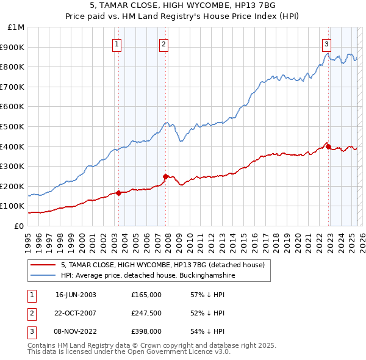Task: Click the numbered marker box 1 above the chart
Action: [x=116, y=43]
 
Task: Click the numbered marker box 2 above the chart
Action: [x=164, y=43]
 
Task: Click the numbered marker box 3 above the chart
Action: [x=326, y=43]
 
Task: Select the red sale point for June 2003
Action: [x=118, y=193]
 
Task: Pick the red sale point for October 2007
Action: [x=165, y=176]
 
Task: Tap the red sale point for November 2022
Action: [x=328, y=146]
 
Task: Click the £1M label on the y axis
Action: [x=16, y=27]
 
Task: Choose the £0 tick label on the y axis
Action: [x=20, y=226]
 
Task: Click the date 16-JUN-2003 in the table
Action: [x=76, y=295]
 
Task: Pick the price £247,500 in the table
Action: [x=146, y=313]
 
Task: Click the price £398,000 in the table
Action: [x=146, y=331]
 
